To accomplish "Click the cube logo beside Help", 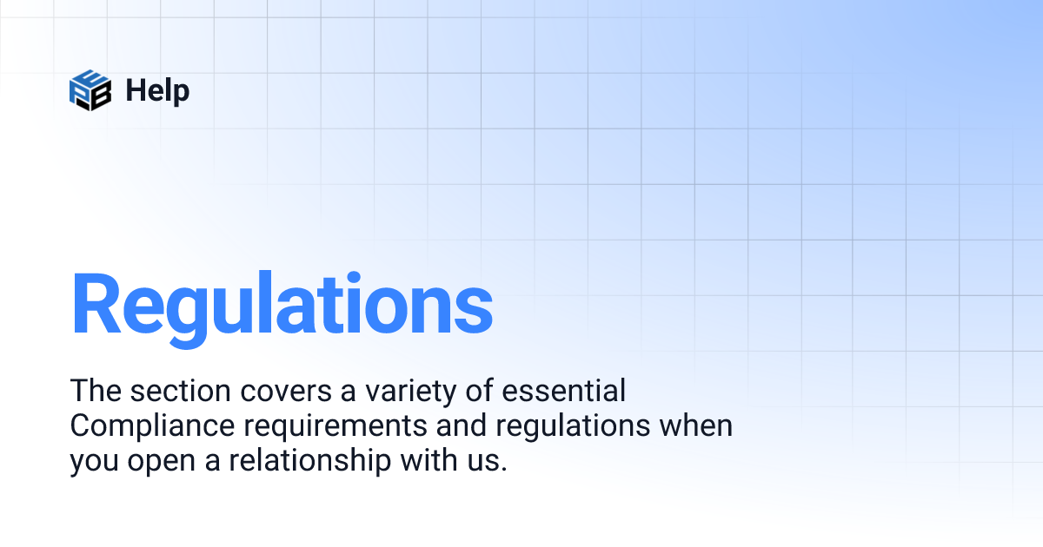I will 90,89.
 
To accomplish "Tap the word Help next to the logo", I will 157,89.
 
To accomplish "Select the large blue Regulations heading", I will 282,305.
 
